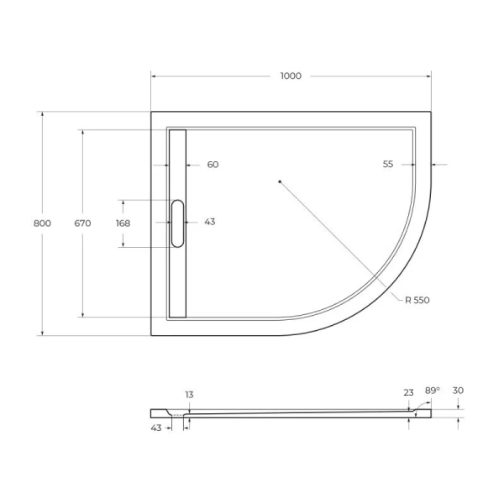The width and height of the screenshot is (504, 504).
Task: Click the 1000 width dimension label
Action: [290, 76]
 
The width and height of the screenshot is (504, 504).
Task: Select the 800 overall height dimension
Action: [42, 223]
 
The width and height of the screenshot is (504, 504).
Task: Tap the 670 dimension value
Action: [82, 223]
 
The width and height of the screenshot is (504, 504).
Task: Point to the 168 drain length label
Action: [123, 223]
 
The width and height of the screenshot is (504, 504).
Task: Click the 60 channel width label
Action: [213, 165]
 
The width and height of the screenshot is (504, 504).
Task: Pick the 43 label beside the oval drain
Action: [209, 223]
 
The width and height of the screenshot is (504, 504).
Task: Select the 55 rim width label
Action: [387, 165]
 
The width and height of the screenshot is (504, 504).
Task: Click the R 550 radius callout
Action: [417, 300]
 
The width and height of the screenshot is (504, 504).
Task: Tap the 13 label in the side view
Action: [189, 395]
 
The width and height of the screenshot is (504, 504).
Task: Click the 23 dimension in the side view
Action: [408, 392]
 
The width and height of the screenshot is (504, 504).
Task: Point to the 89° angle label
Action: [432, 391]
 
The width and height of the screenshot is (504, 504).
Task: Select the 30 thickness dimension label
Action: [458, 391]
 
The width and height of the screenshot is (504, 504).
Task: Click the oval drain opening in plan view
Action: [177, 223]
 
